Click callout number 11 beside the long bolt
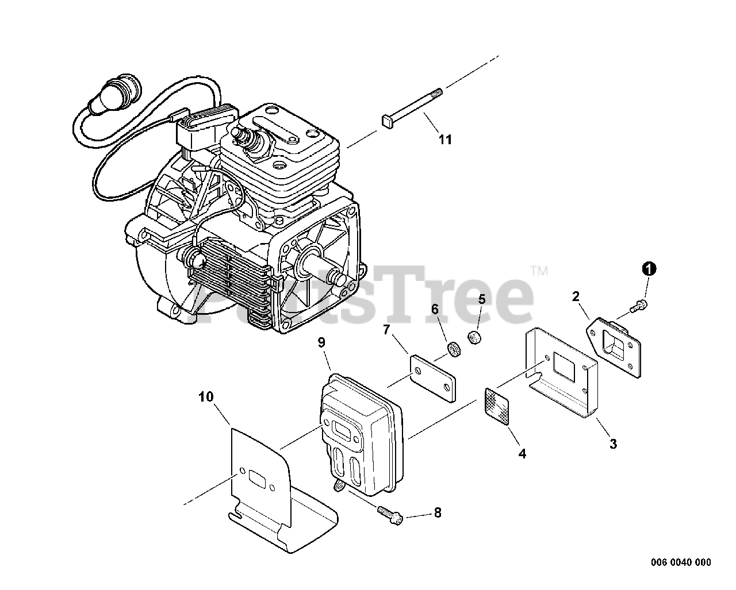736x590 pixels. pos(445,139)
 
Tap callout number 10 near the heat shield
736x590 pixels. pos(206,396)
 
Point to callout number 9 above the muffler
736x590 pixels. pos(321,342)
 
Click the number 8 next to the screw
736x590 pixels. pos(438,512)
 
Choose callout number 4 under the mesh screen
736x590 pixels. pos(522,453)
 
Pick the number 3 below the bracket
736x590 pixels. pos(613,444)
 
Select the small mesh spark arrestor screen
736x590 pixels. pos(498,407)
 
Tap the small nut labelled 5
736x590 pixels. pos(475,338)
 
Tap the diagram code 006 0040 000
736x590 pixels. pos(681,562)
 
